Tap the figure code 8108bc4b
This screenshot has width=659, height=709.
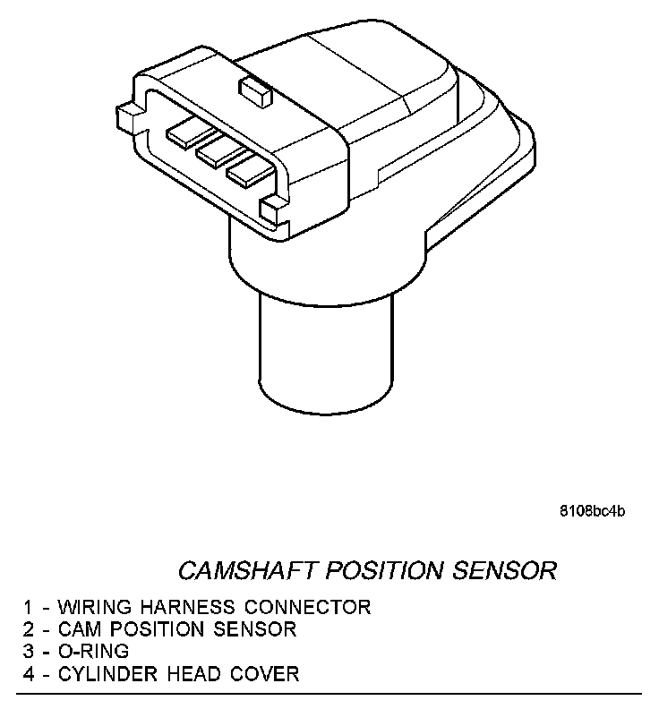tap(593, 511)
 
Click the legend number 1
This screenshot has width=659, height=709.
tap(30, 607)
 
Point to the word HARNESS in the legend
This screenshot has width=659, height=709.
tap(175, 607)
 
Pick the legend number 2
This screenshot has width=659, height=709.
tap(30, 629)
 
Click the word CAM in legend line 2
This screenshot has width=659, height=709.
tap(81, 629)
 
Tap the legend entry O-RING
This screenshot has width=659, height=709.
tap(93, 651)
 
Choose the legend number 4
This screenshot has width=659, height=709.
tap(30, 673)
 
